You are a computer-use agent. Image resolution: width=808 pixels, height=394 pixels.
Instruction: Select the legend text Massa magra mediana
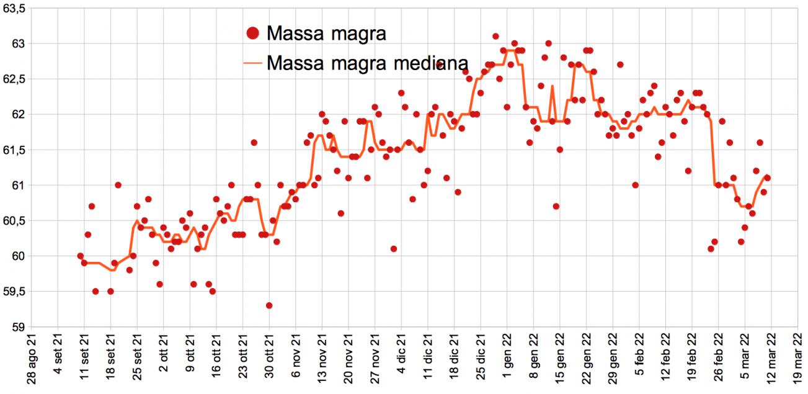[x=367, y=63]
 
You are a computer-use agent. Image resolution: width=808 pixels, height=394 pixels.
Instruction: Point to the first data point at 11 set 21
[x=81, y=256]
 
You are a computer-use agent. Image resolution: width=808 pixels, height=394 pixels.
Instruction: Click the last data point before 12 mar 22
[x=767, y=177]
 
